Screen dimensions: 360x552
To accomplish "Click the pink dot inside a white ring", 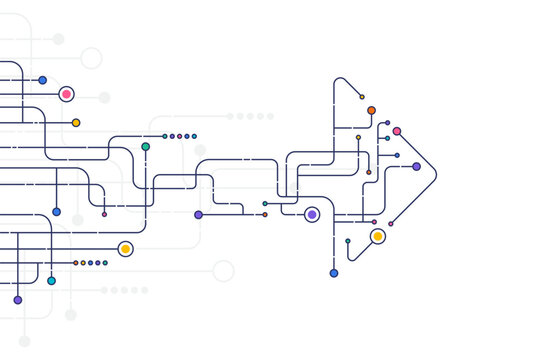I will click(x=66, y=94).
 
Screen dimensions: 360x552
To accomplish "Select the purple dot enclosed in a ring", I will click(x=312, y=214).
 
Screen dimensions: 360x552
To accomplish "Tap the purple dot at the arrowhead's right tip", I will click(x=416, y=167).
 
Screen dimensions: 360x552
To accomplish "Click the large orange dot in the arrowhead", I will click(x=371, y=110).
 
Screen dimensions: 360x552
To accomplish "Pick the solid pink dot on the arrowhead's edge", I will click(x=397, y=131).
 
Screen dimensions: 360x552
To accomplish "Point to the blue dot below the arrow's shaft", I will click(x=334, y=273).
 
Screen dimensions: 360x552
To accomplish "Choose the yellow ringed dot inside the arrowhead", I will click(x=377, y=236).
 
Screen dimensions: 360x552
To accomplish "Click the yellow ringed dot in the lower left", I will click(x=125, y=248).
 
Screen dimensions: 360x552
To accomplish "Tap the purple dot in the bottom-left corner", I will click(x=17, y=300).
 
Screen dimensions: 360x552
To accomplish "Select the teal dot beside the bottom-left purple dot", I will click(x=51, y=281).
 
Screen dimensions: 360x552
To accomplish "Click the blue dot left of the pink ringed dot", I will click(x=42, y=80).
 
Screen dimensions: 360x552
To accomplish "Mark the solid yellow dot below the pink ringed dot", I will click(x=76, y=123).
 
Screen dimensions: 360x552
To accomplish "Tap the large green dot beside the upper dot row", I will click(x=146, y=146).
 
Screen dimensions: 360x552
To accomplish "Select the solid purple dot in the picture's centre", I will click(x=198, y=215).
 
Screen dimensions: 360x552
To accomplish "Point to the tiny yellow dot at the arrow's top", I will click(x=362, y=97).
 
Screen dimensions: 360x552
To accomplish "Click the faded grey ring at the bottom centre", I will click(x=223, y=271).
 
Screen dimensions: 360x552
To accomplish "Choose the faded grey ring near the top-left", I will click(x=91, y=58).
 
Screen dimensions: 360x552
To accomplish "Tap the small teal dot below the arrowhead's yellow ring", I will click(x=348, y=241).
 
